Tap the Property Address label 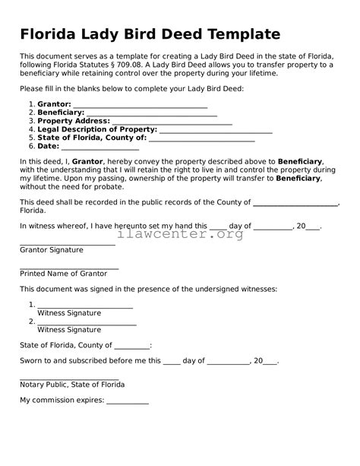pos(73,121)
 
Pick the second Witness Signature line pos(87,322)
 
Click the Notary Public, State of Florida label pos(72,385)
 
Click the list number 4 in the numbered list pos(30,129)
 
